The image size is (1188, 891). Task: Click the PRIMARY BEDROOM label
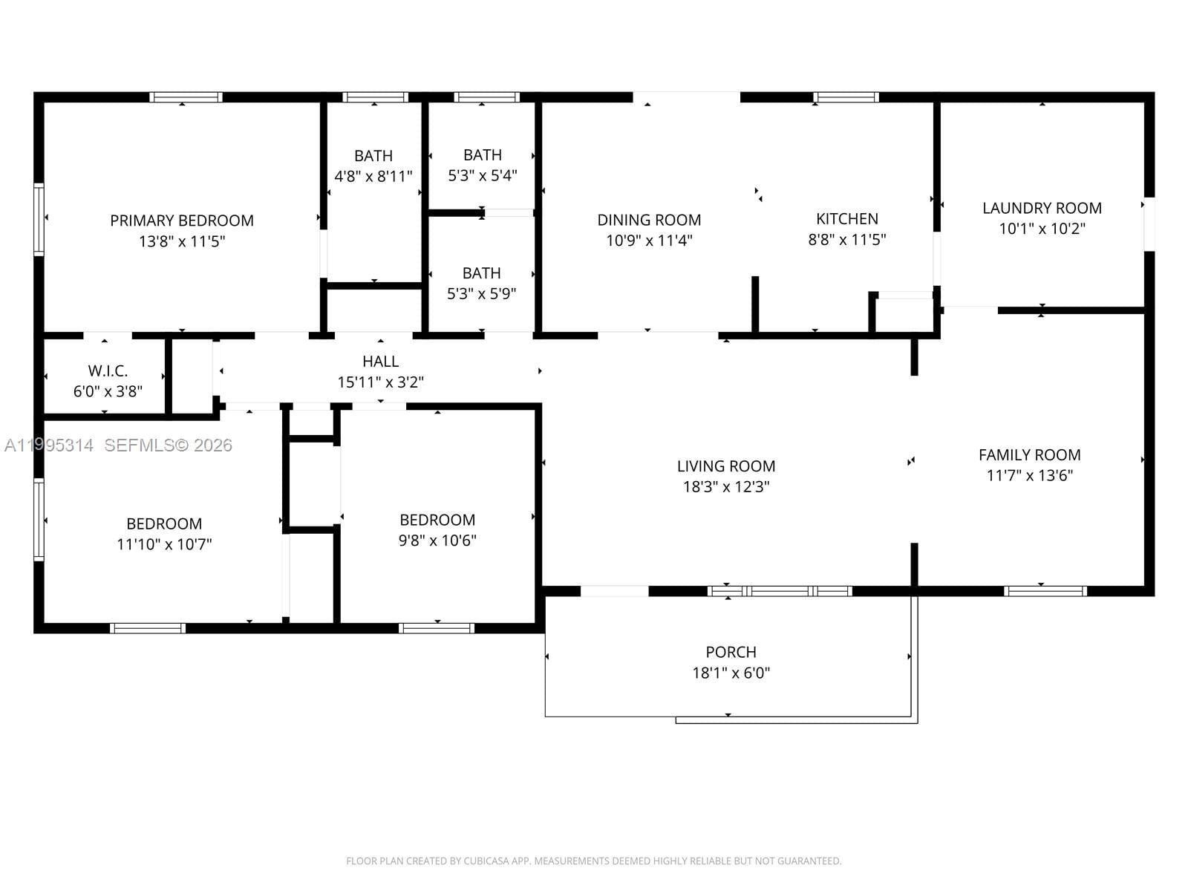(182, 221)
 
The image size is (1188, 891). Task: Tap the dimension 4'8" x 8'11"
(373, 177)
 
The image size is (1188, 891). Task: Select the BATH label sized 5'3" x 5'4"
(483, 155)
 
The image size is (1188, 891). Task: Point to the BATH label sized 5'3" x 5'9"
(482, 273)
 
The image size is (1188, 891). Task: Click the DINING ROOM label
(649, 220)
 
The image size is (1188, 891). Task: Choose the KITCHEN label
(847, 219)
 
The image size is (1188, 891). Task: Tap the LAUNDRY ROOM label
(1042, 208)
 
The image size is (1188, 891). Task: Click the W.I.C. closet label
(108, 371)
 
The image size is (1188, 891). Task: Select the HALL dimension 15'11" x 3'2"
(380, 382)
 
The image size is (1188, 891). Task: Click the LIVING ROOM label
(725, 466)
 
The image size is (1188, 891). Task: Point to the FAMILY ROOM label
(1029, 455)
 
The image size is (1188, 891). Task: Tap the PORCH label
(731, 652)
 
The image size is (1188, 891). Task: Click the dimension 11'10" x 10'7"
(164, 544)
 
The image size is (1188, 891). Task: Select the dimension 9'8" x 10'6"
(437, 541)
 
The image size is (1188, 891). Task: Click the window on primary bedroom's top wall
(186, 97)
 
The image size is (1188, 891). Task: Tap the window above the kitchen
(846, 97)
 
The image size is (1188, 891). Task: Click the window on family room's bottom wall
(1045, 591)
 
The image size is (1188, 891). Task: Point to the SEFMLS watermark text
(168, 446)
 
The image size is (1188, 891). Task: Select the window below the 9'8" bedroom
(437, 628)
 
